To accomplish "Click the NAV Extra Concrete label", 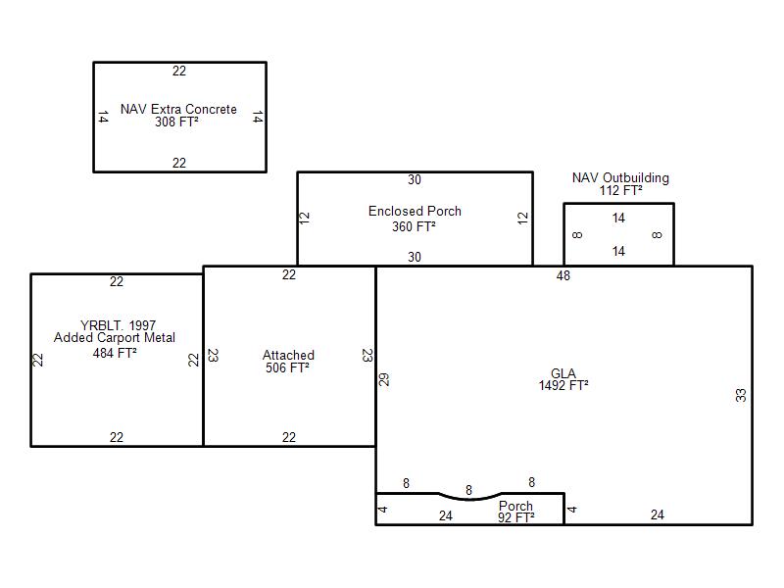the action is click(178, 109).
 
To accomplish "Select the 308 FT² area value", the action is click(176, 122).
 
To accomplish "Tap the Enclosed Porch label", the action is click(415, 211).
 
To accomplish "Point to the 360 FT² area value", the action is click(414, 226).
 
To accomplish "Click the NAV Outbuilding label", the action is click(620, 178).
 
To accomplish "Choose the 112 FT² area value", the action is click(621, 190).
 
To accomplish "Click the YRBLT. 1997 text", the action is click(118, 325).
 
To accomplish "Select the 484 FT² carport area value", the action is click(115, 353).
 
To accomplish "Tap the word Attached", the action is click(288, 355).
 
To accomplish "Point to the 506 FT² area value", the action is click(287, 368).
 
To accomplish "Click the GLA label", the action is click(563, 373).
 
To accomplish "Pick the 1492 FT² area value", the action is click(563, 385).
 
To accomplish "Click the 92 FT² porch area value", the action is click(516, 517).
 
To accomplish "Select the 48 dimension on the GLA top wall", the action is click(563, 275).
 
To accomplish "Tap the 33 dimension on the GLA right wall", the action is click(741, 395).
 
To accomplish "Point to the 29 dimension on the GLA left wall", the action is click(383, 379).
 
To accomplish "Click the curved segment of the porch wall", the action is click(470, 498).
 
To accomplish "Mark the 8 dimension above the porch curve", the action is click(468, 490).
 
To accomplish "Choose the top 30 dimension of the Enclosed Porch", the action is click(415, 179).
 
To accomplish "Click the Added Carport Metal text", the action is click(115, 337).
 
